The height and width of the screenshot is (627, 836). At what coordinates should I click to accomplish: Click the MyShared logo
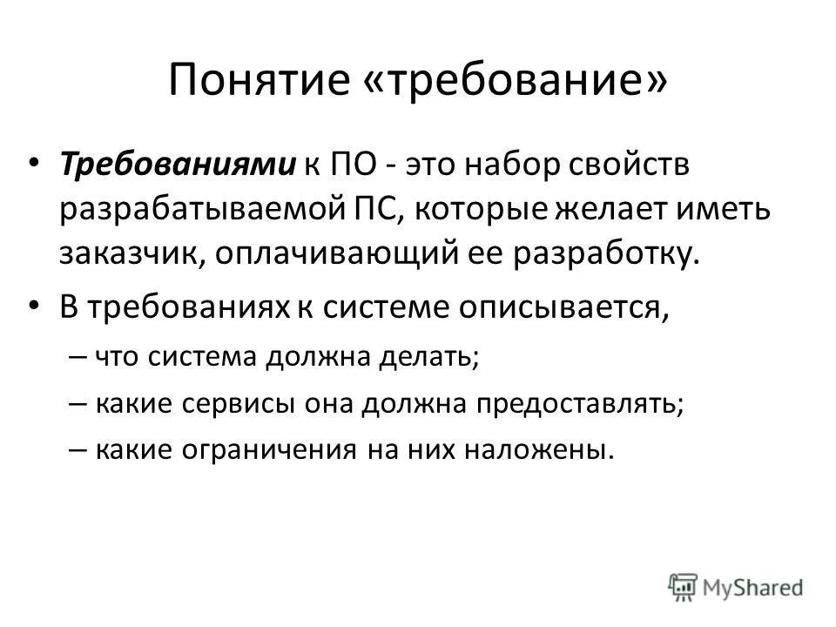(x=736, y=584)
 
